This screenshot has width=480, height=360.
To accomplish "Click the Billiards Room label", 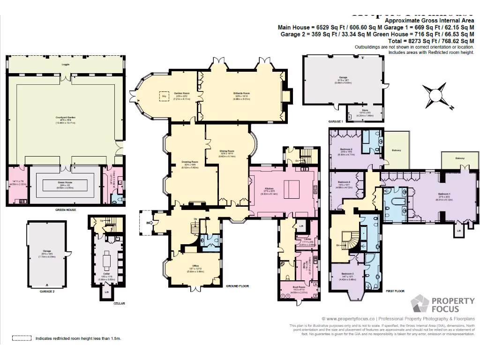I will tap(241, 94).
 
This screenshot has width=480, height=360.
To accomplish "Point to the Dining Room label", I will tap(227, 151).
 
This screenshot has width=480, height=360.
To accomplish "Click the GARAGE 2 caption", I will tap(47, 291).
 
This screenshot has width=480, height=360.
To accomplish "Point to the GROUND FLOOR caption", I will tap(237, 285).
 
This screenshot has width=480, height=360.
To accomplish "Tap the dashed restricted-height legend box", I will tap(20, 337).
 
